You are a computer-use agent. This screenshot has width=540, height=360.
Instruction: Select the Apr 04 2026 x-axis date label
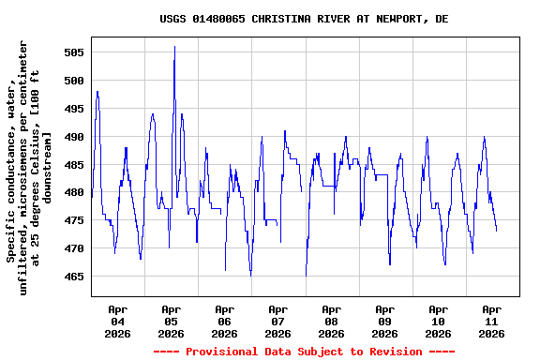[117, 321]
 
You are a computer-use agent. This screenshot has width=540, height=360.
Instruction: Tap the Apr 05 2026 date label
[171, 321]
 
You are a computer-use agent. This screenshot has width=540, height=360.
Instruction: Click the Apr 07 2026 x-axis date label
[277, 321]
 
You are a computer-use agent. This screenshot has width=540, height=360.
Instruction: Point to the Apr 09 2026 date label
[384, 321]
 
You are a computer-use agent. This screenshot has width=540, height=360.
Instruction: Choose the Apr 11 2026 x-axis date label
[491, 321]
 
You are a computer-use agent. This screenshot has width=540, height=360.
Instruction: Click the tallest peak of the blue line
[174, 47]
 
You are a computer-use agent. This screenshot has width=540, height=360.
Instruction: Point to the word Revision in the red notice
[396, 352]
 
